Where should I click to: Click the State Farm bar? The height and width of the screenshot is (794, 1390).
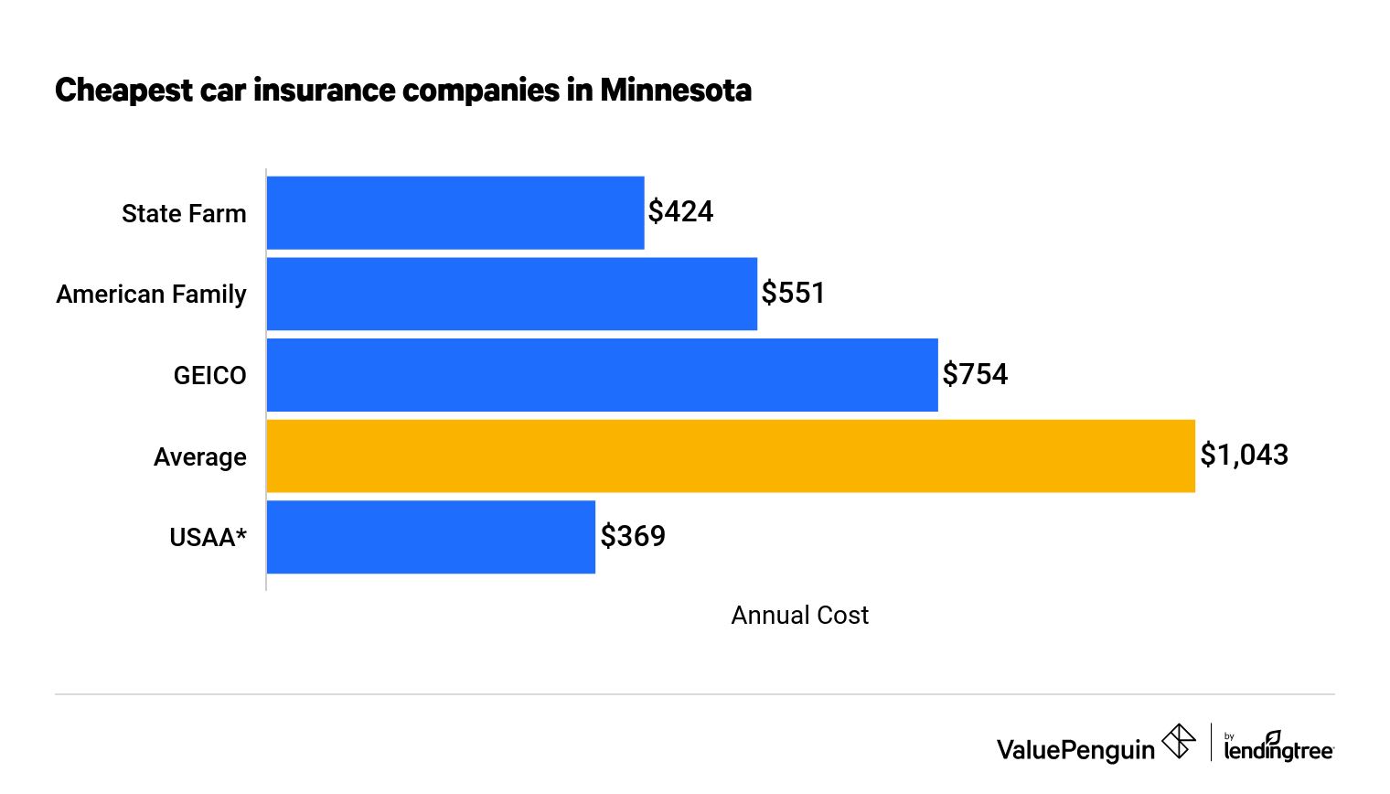click(x=455, y=212)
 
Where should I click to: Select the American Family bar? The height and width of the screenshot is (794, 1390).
click(x=512, y=294)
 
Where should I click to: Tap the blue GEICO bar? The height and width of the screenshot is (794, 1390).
click(x=602, y=375)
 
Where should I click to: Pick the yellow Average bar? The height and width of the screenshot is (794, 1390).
click(x=731, y=456)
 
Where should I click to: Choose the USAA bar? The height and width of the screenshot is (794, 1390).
click(x=431, y=537)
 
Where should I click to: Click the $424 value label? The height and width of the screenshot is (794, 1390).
click(x=680, y=212)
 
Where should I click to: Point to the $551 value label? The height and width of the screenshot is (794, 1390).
click(x=793, y=294)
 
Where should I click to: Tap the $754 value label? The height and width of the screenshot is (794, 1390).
click(x=975, y=375)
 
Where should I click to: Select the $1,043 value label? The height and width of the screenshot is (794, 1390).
click(x=1244, y=456)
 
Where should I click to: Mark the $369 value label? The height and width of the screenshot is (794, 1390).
click(x=633, y=537)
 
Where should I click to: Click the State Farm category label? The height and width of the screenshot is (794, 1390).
click(x=184, y=214)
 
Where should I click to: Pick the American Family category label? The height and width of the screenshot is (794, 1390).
click(x=151, y=295)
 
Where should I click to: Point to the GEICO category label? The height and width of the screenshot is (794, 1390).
click(x=209, y=376)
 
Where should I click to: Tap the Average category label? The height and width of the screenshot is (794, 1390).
click(x=199, y=457)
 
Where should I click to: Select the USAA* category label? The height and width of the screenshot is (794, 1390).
click(x=208, y=538)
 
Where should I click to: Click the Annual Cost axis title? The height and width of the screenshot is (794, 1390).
click(x=799, y=616)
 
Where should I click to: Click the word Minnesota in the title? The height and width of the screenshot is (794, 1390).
click(x=676, y=91)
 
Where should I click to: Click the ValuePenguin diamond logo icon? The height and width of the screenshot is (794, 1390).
click(x=1179, y=742)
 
